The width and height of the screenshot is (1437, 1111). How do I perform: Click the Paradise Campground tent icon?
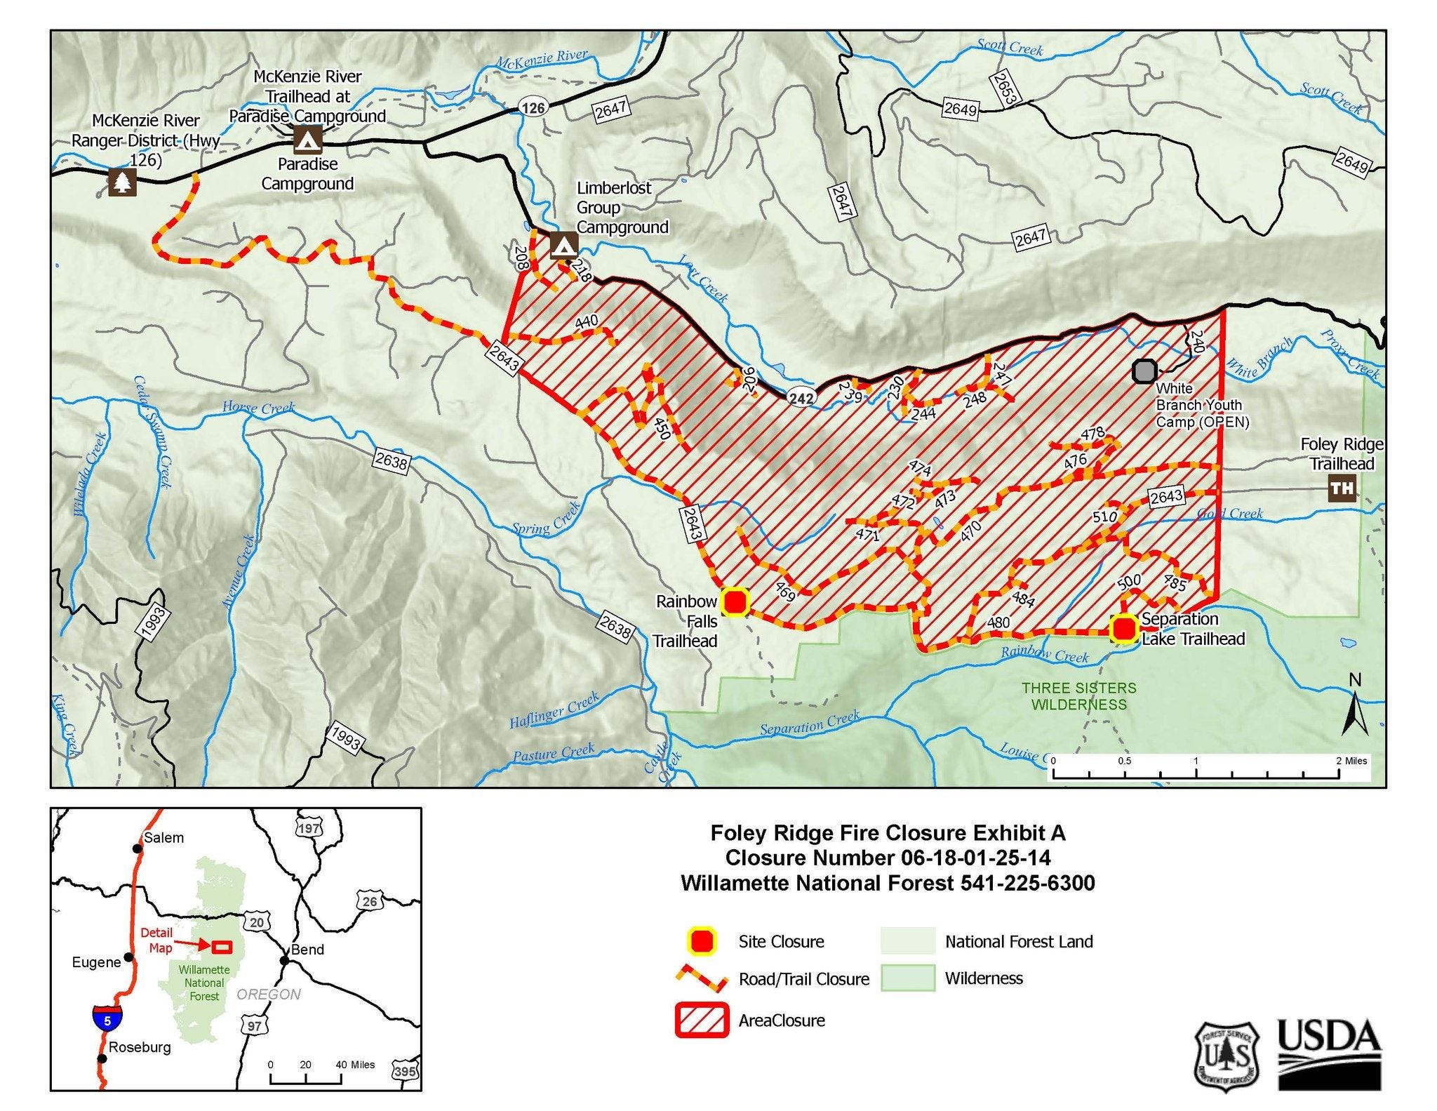[307, 140]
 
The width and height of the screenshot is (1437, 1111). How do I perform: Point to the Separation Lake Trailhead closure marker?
[1124, 628]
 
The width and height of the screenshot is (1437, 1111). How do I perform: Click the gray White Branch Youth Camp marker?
[1144, 371]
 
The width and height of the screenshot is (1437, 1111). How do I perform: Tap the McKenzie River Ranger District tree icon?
[123, 182]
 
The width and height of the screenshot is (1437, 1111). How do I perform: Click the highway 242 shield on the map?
[801, 398]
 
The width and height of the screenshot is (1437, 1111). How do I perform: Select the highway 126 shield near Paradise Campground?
[533, 107]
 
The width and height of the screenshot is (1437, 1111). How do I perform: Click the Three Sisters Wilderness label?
[1078, 696]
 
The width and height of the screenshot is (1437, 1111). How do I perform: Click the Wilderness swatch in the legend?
[908, 978]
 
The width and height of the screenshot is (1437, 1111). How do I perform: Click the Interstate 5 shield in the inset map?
[107, 1019]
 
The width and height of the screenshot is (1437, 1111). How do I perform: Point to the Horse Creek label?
[258, 407]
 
